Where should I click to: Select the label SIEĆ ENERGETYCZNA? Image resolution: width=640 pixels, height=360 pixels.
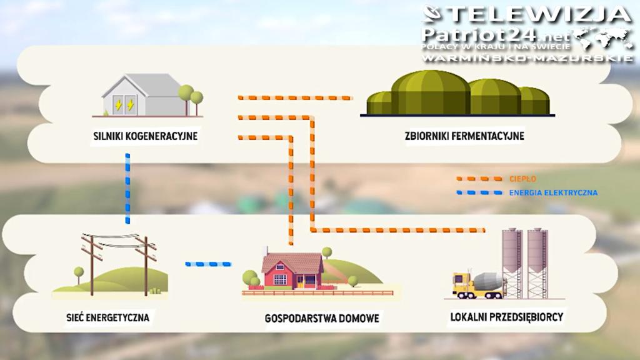(109, 317)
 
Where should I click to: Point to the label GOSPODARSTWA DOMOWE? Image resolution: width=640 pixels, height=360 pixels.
(321, 319)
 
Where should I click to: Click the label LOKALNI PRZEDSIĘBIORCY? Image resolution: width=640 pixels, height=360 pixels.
(507, 317)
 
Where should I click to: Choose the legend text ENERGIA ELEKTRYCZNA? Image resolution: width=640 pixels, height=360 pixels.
(553, 192)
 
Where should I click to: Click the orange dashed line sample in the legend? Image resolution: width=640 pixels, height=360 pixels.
(479, 179)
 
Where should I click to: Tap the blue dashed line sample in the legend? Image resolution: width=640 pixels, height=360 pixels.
(479, 192)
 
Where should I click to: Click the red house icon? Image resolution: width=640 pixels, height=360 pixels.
(291, 270)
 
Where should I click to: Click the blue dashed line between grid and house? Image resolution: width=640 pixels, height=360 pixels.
(208, 264)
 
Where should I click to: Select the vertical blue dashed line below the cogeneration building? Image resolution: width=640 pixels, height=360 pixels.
(127, 187)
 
